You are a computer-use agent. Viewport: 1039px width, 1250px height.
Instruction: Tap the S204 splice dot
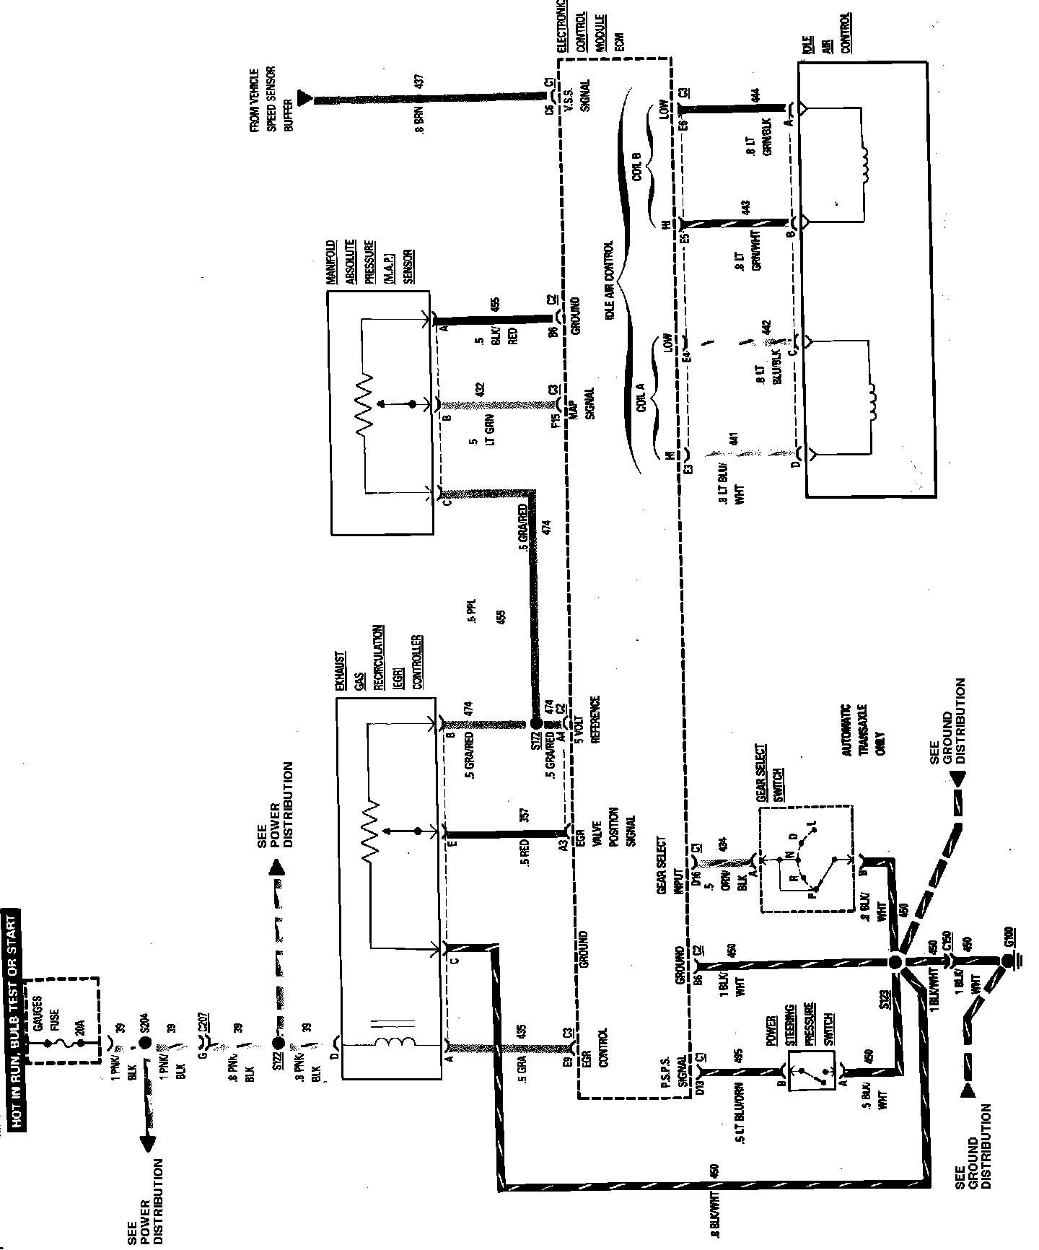tap(145, 1044)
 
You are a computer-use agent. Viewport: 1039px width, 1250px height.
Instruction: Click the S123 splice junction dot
tap(896, 962)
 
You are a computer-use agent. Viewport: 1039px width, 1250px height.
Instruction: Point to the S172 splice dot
tap(535, 723)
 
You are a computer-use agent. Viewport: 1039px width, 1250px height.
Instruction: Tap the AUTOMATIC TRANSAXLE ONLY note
tap(863, 730)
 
